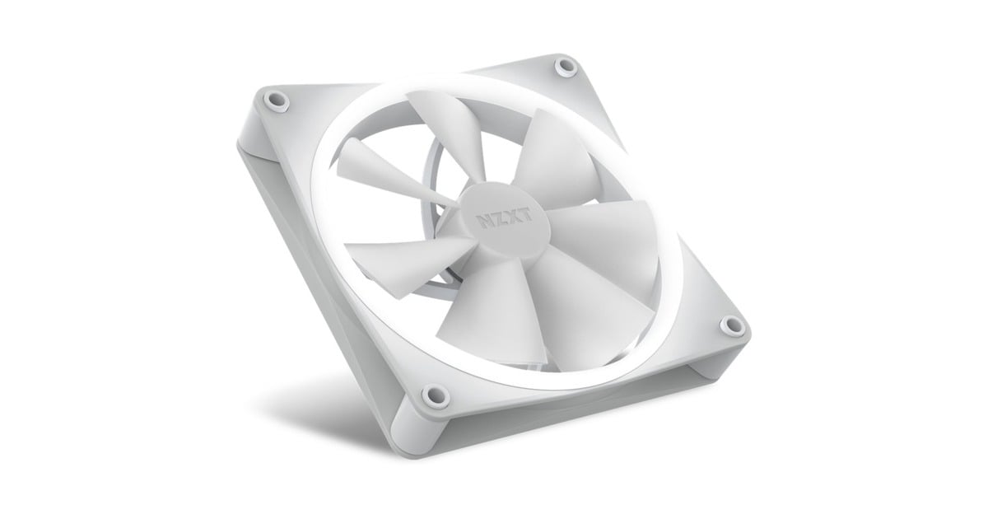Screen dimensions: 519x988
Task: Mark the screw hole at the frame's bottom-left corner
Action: click(x=428, y=395)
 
